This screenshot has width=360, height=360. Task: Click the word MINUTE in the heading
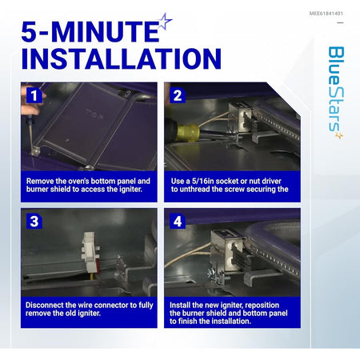click(106, 32)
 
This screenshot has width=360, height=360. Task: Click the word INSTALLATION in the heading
click(122, 58)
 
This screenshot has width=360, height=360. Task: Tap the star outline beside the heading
click(165, 22)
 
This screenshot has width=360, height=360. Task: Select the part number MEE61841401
click(326, 14)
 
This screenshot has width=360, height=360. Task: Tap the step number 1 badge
click(34, 95)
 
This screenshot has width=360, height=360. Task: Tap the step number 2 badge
click(178, 95)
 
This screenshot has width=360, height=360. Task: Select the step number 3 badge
click(34, 222)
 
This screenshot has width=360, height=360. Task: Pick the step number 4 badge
click(178, 222)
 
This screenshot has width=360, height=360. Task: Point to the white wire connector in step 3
click(90, 253)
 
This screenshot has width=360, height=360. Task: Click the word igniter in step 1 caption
click(129, 190)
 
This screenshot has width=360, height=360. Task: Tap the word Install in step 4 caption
click(180, 305)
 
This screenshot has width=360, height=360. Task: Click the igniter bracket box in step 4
click(226, 250)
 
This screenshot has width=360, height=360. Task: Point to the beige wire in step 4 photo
click(188, 255)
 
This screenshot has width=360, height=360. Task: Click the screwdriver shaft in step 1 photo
click(32, 138)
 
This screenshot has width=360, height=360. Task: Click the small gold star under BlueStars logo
click(339, 135)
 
